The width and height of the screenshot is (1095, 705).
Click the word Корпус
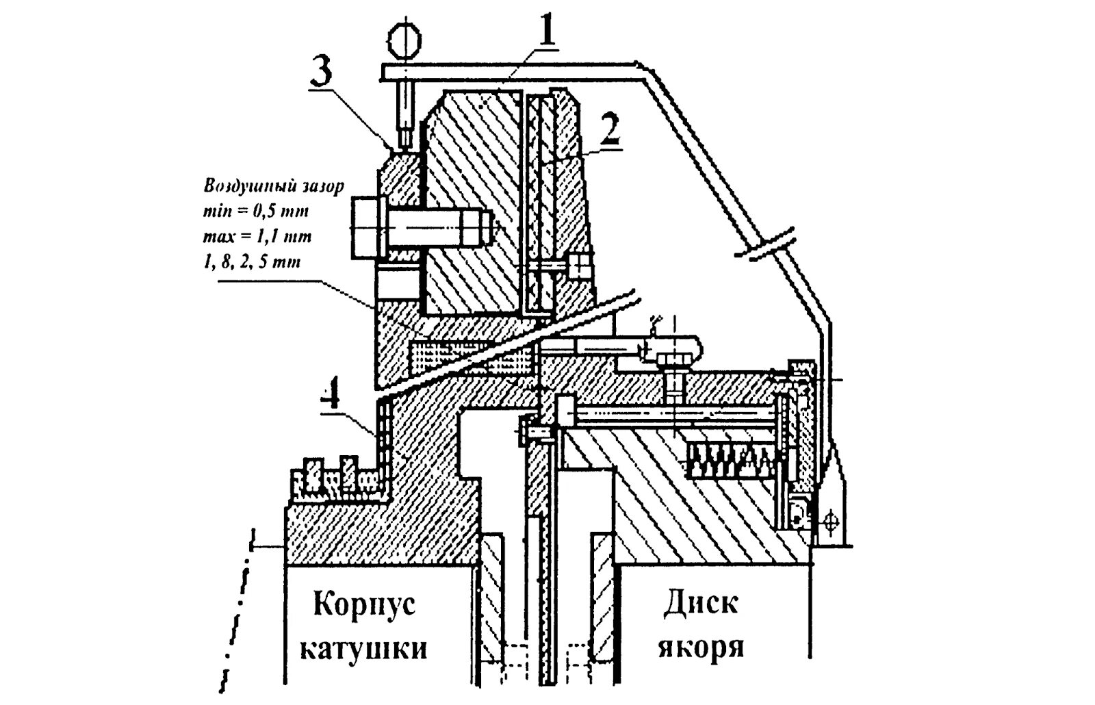[x=365, y=606]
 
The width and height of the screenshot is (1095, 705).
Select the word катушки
[x=364, y=648]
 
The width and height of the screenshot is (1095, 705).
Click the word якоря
[x=701, y=648]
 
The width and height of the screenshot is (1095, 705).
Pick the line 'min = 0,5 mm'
[x=257, y=211]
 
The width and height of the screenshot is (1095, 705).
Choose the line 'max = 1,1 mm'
[x=257, y=237]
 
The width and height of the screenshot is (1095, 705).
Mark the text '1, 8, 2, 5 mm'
[x=251, y=262]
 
